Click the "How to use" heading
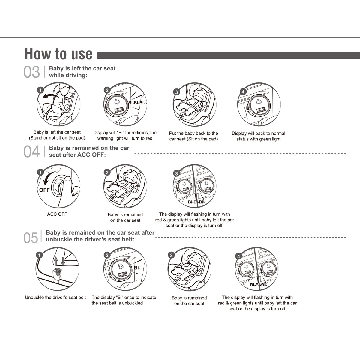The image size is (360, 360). pyautogui.click(x=58, y=54)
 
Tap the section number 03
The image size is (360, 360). pyautogui.click(x=31, y=73)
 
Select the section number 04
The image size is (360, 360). pyautogui.click(x=31, y=152)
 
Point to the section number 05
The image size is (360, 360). pyautogui.click(x=31, y=238)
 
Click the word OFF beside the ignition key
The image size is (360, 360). pyautogui.click(x=44, y=190)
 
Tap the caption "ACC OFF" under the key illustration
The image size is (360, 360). pyautogui.click(x=57, y=214)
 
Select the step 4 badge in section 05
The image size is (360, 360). pyautogui.click(x=238, y=256)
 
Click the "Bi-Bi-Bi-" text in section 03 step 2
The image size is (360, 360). pyautogui.click(x=137, y=103)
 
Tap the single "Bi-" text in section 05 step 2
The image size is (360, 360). pyautogui.click(x=137, y=268)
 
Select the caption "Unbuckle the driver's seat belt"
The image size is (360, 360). pyautogui.click(x=55, y=298)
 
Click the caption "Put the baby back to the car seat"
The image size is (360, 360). pyautogui.click(x=193, y=136)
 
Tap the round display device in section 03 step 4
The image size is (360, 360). pyautogui.click(x=259, y=106)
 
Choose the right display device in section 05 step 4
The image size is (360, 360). pyautogui.click(x=266, y=269)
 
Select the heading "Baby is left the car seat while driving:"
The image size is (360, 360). pyautogui.click(x=82, y=72)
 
